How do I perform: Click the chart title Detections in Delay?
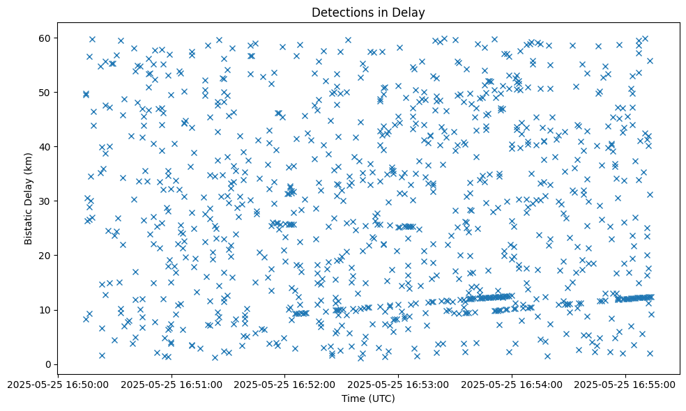coord(368,13)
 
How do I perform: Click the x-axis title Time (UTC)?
coord(368,398)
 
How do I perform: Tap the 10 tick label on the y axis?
coord(49,310)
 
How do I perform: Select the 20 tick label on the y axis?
coord(49,256)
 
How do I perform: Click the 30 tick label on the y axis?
coord(49,201)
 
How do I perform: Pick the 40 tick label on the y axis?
coord(49,147)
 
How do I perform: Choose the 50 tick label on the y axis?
coord(49,93)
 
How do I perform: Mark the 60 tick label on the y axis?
coord(49,38)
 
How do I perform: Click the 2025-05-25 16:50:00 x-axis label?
coord(57,384)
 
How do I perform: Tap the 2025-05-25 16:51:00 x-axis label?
coord(171,384)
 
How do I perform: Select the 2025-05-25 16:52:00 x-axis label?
coord(284,384)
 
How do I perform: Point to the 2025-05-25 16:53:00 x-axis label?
coord(398,384)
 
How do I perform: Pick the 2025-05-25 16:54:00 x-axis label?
coord(512,384)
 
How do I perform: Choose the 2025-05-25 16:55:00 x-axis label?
coord(625,384)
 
